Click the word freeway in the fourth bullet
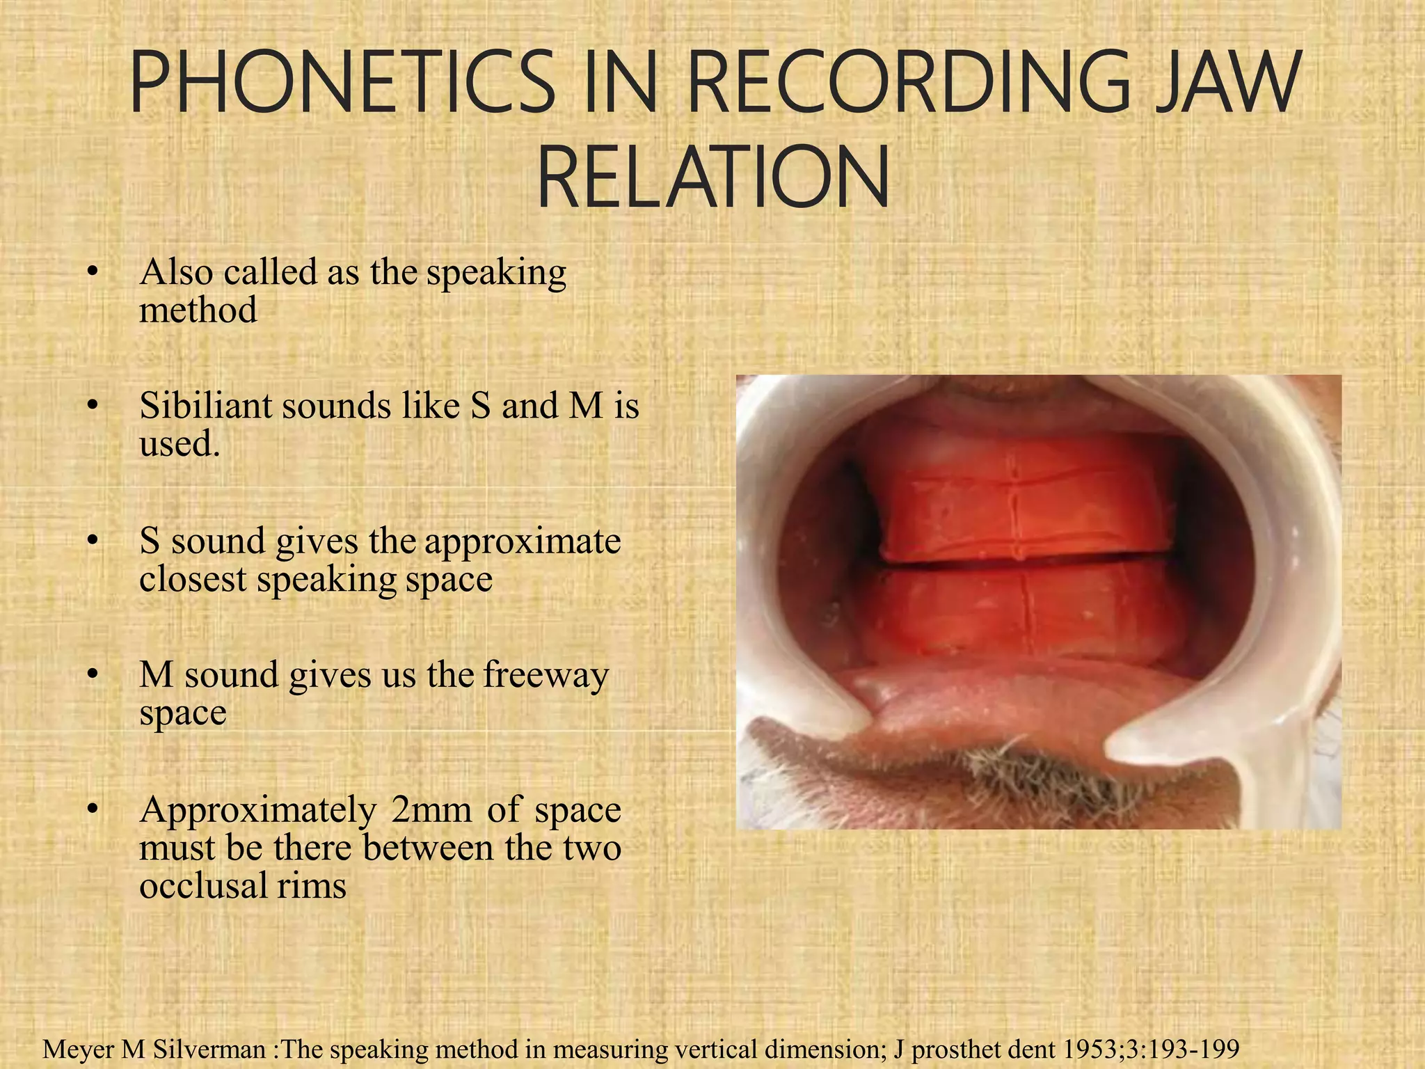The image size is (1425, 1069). click(546, 675)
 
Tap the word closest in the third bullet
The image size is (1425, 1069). click(193, 579)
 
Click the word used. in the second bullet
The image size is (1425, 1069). click(180, 444)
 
